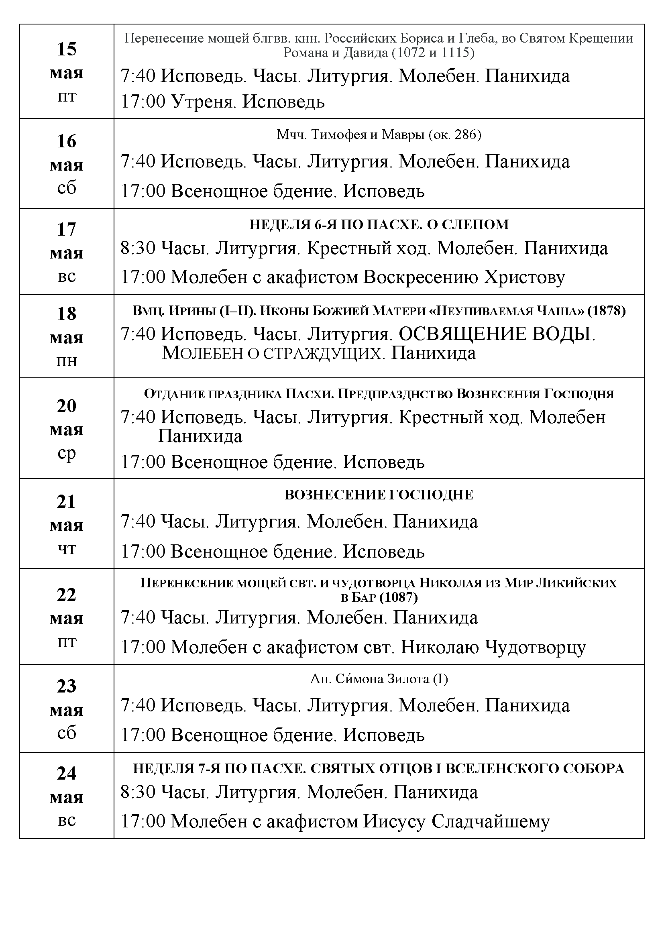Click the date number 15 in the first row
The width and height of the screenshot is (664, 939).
pyautogui.click(x=67, y=49)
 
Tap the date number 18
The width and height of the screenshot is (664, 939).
pyautogui.click(x=67, y=314)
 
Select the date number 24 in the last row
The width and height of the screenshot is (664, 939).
pyautogui.click(x=67, y=773)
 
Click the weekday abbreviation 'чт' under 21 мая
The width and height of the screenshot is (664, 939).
pyautogui.click(x=67, y=549)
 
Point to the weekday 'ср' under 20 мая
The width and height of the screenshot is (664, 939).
pyautogui.click(x=67, y=454)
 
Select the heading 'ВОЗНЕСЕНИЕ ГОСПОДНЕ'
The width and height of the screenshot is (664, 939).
pyautogui.click(x=379, y=495)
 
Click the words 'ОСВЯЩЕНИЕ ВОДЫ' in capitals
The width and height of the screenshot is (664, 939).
pyautogui.click(x=495, y=334)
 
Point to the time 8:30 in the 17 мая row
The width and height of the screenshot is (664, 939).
pyautogui.click(x=138, y=248)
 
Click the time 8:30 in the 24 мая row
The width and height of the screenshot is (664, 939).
pyautogui.click(x=138, y=792)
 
